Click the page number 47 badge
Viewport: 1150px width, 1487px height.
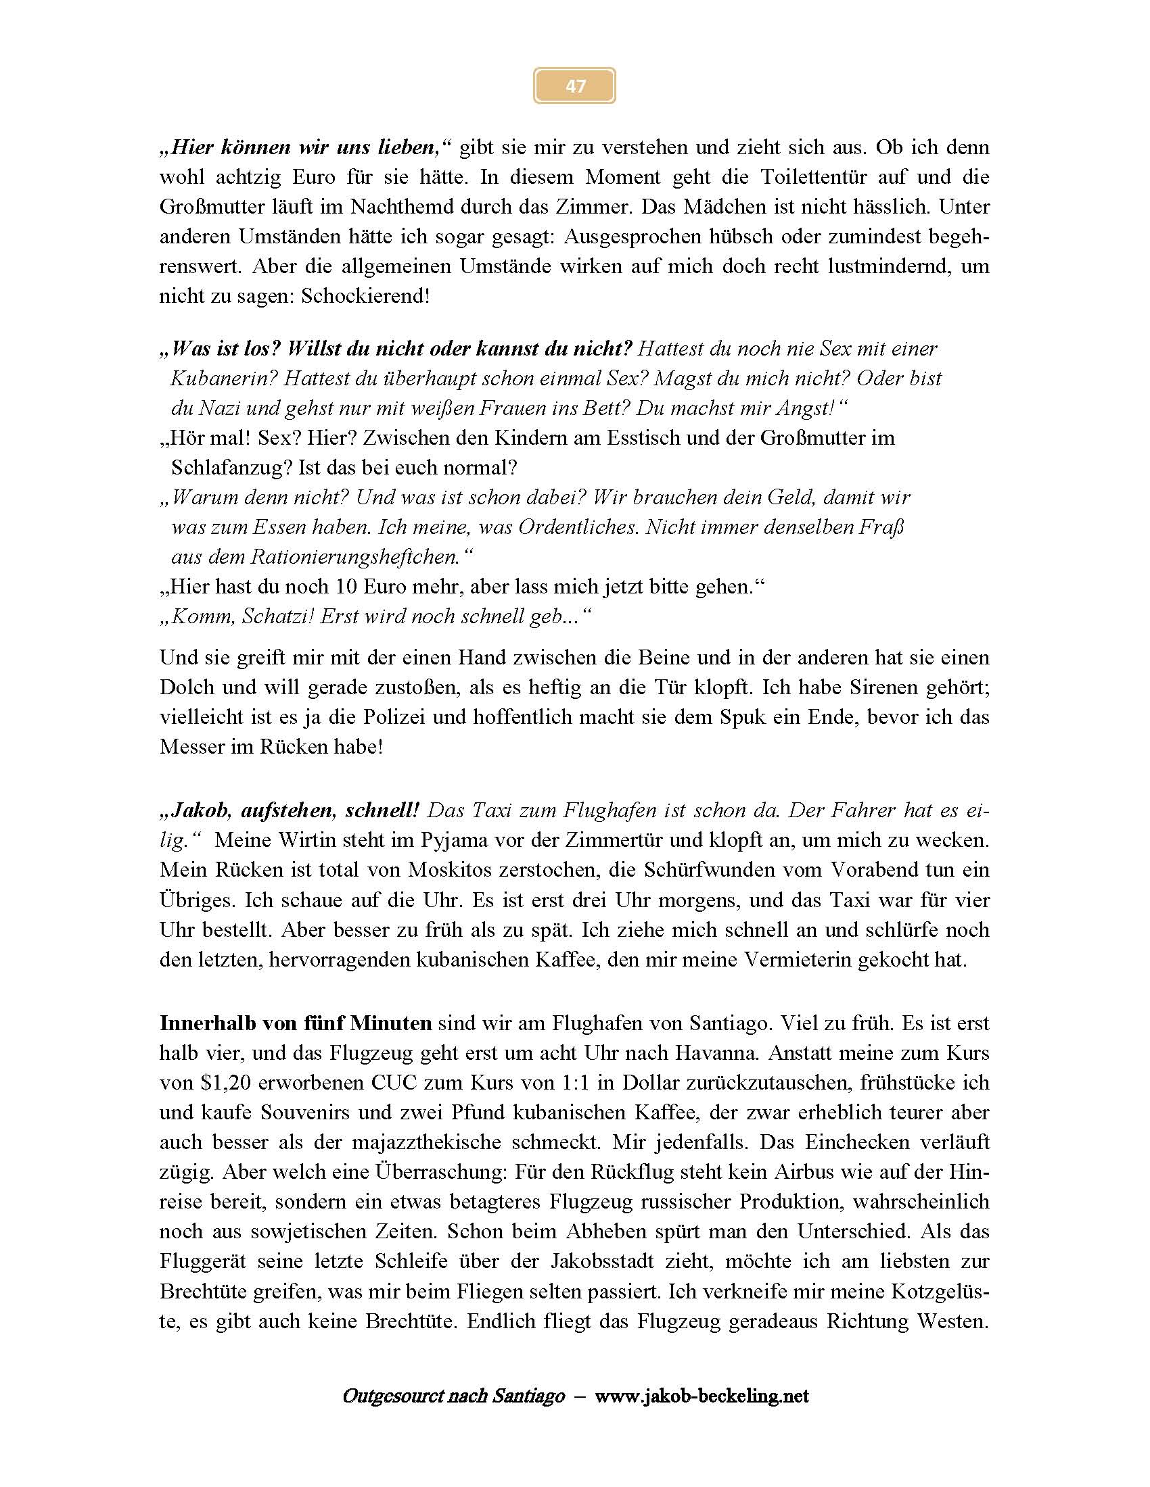[x=574, y=86]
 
